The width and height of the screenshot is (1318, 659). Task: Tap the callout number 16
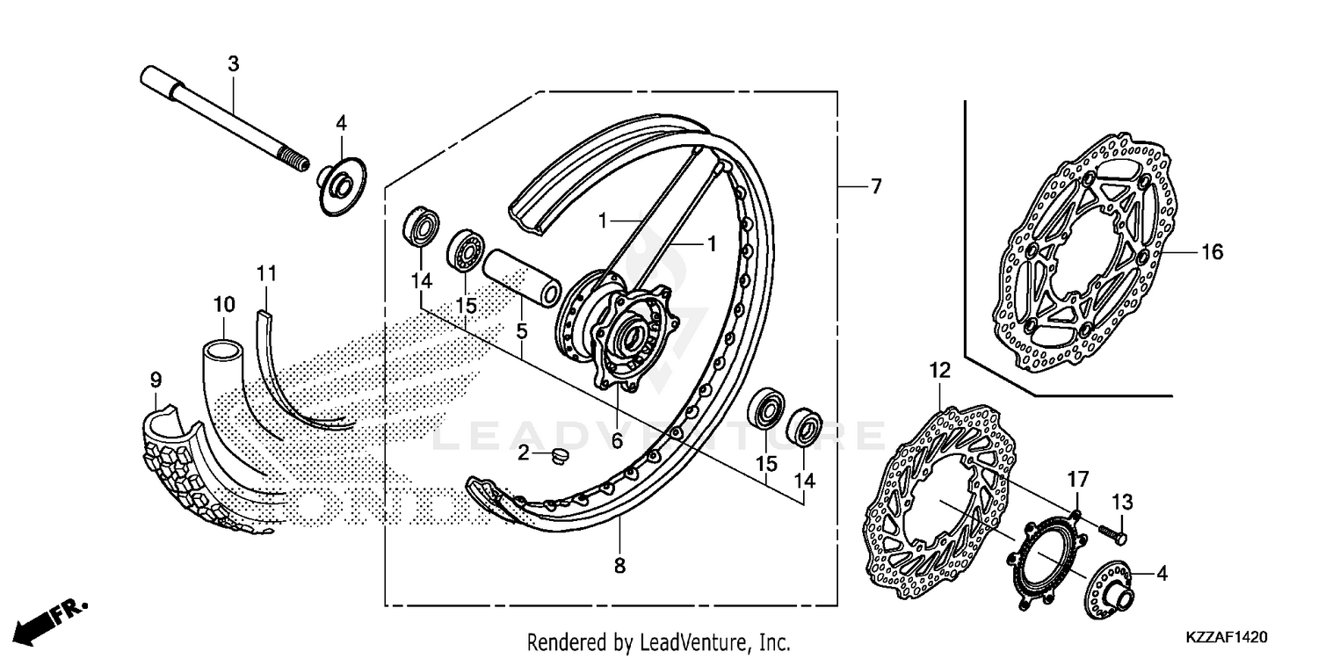pyautogui.click(x=1212, y=253)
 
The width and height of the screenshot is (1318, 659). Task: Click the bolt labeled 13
pyautogui.click(x=1114, y=530)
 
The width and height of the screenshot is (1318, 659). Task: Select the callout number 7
pyautogui.click(x=874, y=186)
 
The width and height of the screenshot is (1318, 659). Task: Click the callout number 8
pyautogui.click(x=619, y=567)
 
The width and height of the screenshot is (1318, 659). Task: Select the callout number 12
pyautogui.click(x=939, y=371)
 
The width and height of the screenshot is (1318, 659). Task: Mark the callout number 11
pyautogui.click(x=266, y=272)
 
